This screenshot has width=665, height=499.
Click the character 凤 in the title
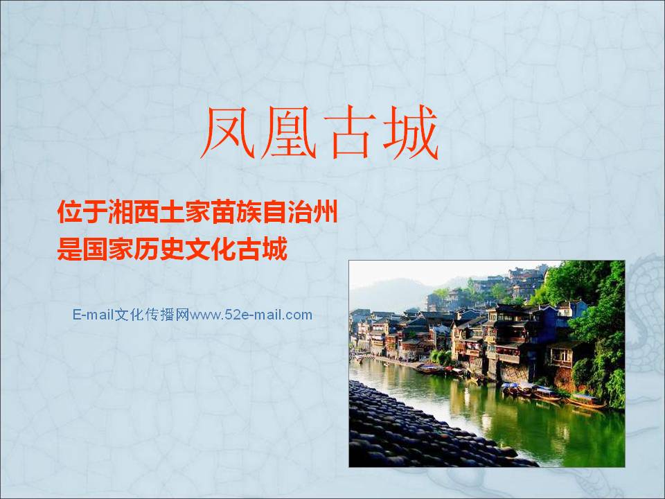[x=228, y=132]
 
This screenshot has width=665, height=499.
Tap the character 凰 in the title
[x=288, y=132]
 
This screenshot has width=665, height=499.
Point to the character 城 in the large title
[x=409, y=132]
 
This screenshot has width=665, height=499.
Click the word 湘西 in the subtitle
[x=134, y=212]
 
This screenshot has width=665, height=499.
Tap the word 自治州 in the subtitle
[x=300, y=212]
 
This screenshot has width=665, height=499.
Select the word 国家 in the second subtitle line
[x=108, y=249]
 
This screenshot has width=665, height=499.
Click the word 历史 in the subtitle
[x=159, y=249]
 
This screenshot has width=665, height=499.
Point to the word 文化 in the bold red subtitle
[x=211, y=249]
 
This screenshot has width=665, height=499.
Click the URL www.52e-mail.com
[x=251, y=315]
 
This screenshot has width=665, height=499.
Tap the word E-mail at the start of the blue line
[x=94, y=315]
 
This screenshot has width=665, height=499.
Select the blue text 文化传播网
[x=152, y=315]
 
